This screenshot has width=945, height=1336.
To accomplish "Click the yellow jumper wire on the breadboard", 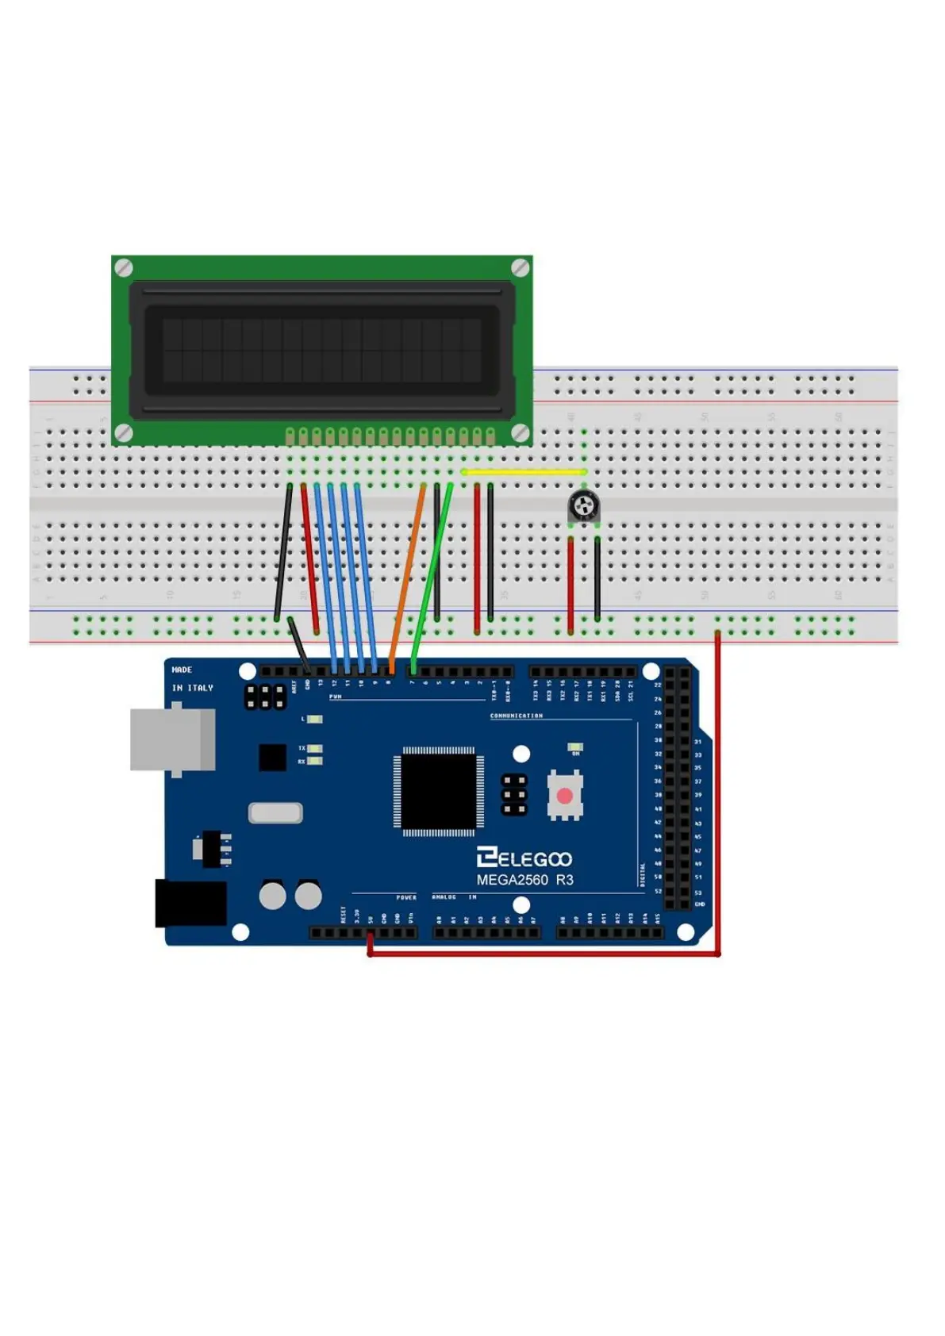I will pyautogui.click(x=524, y=472).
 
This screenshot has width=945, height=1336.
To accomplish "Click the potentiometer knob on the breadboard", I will pyautogui.click(x=583, y=505).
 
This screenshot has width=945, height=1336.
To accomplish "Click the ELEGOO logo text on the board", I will pyautogui.click(x=524, y=858).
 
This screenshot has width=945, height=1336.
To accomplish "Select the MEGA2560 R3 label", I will pyautogui.click(x=524, y=880).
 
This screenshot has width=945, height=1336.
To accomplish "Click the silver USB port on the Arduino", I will pyautogui.click(x=172, y=740).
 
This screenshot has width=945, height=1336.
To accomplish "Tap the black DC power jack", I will pyautogui.click(x=190, y=903).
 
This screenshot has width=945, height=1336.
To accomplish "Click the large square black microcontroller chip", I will pyautogui.click(x=438, y=791).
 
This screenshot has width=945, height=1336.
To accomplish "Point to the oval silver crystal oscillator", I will pyautogui.click(x=275, y=812).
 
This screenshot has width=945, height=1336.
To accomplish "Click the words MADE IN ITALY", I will pyautogui.click(x=192, y=679).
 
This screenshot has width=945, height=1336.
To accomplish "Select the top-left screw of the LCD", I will pyautogui.click(x=124, y=268).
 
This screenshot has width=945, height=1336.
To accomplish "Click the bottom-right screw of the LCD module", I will pyautogui.click(x=520, y=432).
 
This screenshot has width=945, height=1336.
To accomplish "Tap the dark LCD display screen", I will pyautogui.click(x=321, y=349).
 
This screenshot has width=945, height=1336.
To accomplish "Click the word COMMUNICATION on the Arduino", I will pyautogui.click(x=516, y=716).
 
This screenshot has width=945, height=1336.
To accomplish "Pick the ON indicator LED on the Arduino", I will pyautogui.click(x=575, y=747).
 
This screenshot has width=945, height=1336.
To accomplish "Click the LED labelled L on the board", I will pyautogui.click(x=314, y=720).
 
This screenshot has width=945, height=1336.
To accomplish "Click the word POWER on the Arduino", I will pyautogui.click(x=406, y=897).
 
